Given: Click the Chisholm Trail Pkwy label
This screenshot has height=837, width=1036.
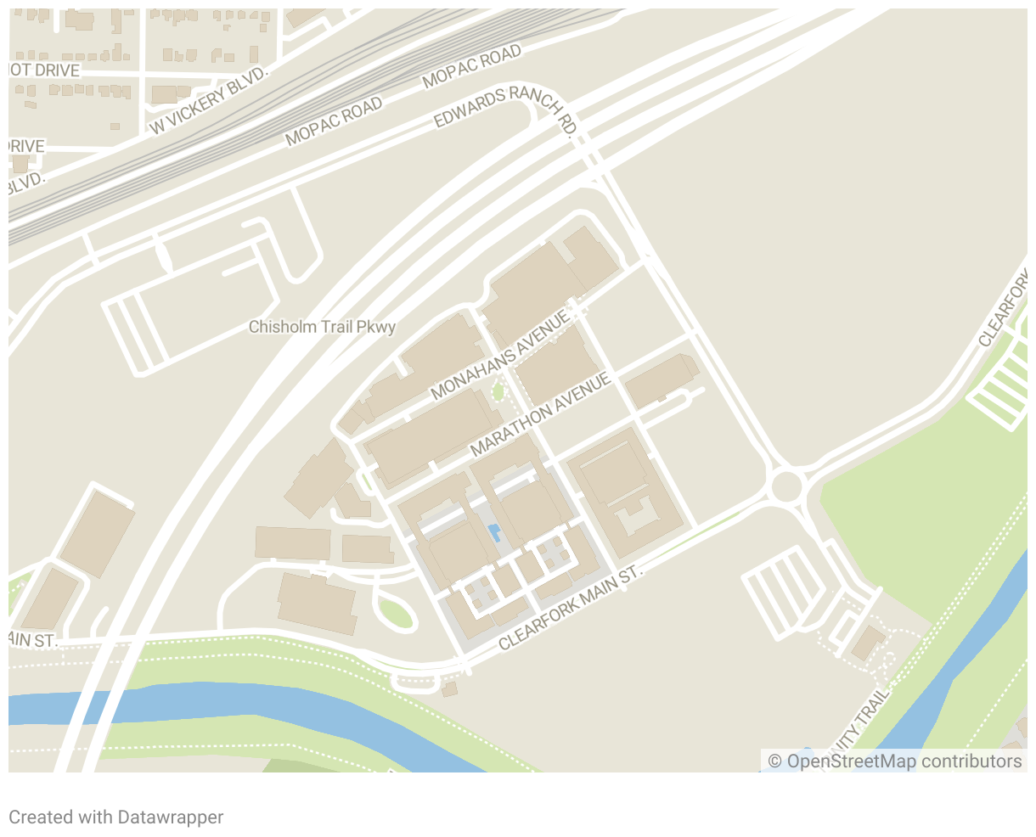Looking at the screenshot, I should (322, 327).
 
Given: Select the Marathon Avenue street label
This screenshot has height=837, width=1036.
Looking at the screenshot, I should (541, 413).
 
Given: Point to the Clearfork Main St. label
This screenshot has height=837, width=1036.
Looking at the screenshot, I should (571, 609).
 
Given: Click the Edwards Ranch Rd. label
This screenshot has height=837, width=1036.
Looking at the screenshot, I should (506, 108).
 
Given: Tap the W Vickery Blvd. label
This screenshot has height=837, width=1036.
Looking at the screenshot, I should (209, 100).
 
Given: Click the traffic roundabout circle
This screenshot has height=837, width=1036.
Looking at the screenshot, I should (787, 486).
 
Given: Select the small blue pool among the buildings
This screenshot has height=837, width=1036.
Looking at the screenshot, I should (494, 533).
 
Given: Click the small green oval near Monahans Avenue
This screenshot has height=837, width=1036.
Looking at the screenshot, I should (498, 392).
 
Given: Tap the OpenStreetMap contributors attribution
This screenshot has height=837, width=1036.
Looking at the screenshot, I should (895, 761).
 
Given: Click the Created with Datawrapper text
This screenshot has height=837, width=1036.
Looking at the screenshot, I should (116, 817).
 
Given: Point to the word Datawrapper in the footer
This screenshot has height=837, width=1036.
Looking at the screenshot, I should (171, 817).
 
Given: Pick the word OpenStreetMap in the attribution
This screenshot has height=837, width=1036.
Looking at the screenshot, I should (852, 761).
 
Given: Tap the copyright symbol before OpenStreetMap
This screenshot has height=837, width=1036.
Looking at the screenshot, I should (774, 761).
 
